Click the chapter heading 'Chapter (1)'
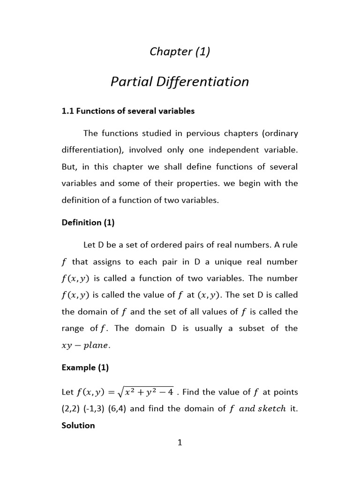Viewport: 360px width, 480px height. tap(180, 52)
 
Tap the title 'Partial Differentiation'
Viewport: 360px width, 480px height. tap(180, 82)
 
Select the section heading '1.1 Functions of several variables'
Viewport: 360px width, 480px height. tap(128, 111)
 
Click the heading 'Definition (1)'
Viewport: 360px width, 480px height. tap(88, 223)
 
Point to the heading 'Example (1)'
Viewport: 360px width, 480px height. tap(85, 368)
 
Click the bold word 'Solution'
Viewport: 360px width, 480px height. tap(78, 426)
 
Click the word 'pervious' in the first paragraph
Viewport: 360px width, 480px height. tap(201, 133)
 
